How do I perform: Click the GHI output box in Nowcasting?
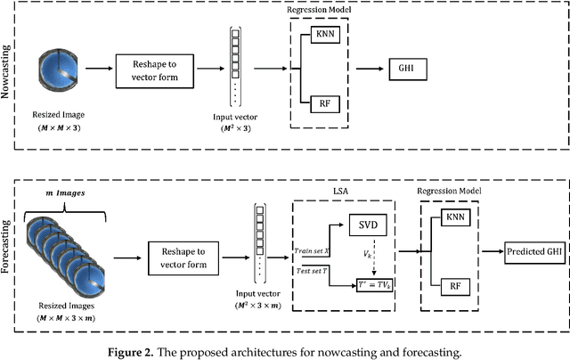click(408, 65)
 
